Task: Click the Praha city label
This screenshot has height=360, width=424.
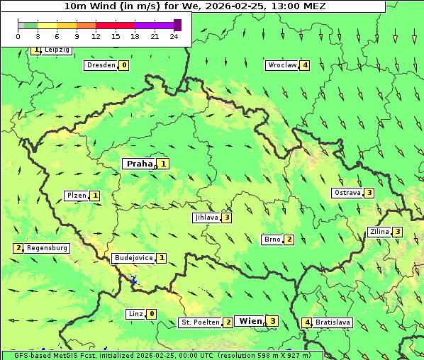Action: pos(139,164)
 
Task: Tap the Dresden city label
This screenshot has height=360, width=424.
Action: pos(100,65)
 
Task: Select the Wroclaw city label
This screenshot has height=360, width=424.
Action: pos(281,65)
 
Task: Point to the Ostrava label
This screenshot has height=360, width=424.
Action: pos(347,193)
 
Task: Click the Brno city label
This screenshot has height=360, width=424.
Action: pos(272,240)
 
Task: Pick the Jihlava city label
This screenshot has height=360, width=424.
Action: pos(206,218)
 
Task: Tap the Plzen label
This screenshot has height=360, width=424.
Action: pos(76,196)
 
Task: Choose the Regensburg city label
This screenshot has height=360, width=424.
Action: pos(48,248)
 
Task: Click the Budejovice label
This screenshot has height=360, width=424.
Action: pos(133,258)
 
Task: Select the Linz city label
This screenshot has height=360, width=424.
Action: pos(135,314)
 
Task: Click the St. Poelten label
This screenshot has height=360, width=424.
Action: pos(199,322)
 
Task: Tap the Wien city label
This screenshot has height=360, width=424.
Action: pos(250,321)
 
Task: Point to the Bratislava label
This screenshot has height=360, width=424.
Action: pos(333,322)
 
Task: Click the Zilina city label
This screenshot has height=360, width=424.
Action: pos(379,232)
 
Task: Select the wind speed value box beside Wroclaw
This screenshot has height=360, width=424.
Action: pos(305,65)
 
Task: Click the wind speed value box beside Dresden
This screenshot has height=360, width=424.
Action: pos(124,65)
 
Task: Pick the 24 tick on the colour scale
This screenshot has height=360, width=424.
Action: pos(174,36)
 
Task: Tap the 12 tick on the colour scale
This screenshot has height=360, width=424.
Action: pos(96,36)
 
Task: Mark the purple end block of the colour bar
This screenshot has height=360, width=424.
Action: pos(177,25)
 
